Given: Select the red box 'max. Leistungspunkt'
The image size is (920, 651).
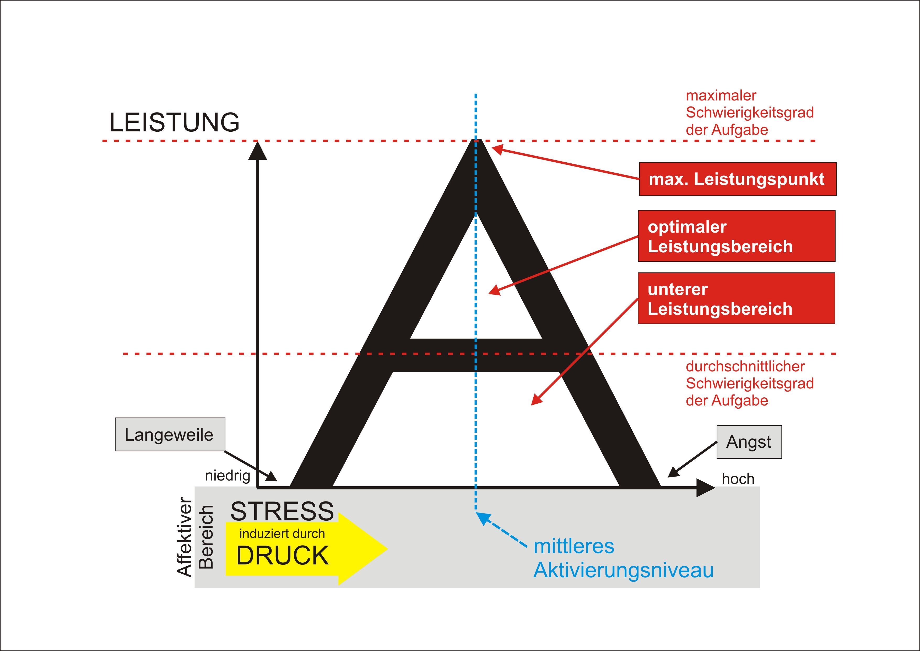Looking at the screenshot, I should tap(737, 179).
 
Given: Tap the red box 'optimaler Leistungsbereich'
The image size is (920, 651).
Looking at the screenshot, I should tap(737, 236).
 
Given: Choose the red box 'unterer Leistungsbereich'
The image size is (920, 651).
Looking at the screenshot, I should tap(736, 298).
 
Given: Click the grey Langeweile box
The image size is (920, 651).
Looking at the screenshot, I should tap(170, 435).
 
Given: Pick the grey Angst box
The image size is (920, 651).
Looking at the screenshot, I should tap(749, 442).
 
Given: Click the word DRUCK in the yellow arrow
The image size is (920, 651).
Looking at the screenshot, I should tap(283, 556).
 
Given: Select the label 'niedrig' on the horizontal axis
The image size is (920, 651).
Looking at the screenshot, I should tap(227, 476).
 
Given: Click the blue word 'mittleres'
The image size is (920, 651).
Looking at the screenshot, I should tap(574, 546).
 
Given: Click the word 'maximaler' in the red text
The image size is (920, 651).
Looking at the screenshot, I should tap(721, 95).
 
